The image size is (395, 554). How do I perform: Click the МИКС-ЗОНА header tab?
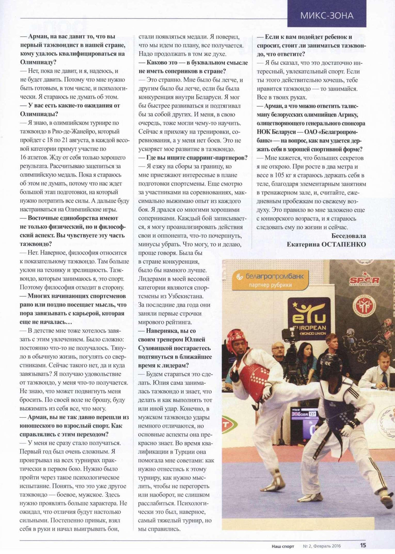click(x=327, y=15)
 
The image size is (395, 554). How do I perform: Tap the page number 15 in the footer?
click(x=363, y=545)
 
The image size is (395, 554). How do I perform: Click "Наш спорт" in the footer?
click(x=283, y=546)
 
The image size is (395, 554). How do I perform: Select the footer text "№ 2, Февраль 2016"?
click(x=322, y=546)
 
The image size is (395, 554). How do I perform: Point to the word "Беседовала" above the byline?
click(x=349, y=236)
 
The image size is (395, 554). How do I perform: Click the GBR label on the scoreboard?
click(x=304, y=414)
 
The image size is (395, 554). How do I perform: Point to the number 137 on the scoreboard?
click(x=312, y=414)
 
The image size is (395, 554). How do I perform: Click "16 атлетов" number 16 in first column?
click(x=23, y=158)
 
